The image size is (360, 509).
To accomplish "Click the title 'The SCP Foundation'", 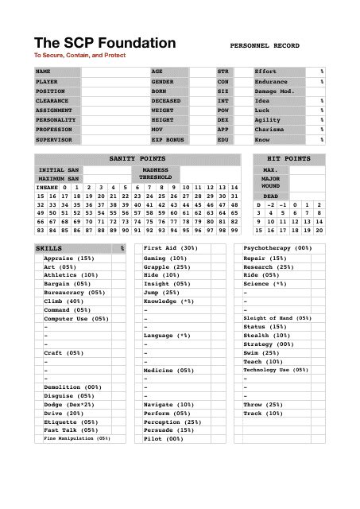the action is (105, 43).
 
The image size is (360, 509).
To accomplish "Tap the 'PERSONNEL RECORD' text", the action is (264, 46).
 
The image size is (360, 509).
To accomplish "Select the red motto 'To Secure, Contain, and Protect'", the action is (79, 56).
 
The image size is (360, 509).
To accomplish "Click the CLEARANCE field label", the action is (52, 101).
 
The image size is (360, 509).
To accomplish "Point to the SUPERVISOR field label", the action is (53, 139).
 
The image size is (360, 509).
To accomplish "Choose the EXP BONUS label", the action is (168, 139).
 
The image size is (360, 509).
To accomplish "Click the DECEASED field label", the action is (166, 101).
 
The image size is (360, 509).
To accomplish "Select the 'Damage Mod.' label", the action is (274, 91).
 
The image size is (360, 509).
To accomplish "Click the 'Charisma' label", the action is (269, 130).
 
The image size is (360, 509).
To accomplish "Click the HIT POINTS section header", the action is (289, 159).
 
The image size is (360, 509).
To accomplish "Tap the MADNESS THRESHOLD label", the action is (155, 173).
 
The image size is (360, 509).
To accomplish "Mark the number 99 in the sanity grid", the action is (234, 230).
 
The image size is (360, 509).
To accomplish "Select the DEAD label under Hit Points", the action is (270, 196).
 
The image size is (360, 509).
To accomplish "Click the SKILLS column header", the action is (49, 249).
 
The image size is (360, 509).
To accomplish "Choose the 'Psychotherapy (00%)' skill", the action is (278, 249).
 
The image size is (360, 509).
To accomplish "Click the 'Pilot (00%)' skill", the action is (165, 438).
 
